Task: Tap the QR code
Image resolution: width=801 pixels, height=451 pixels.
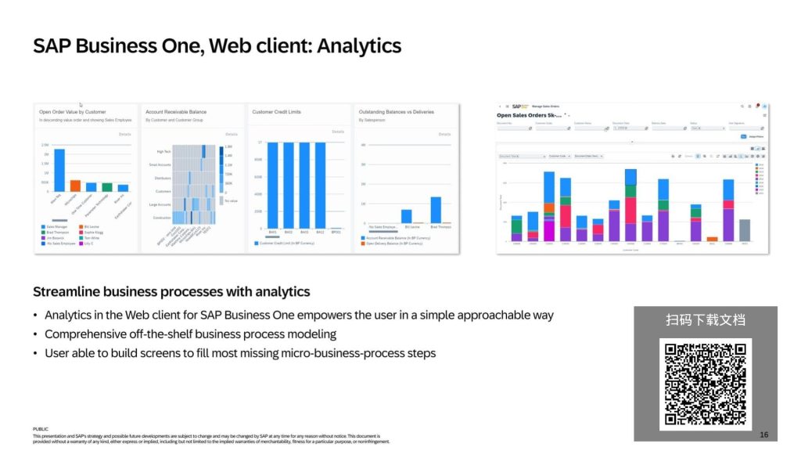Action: point(706,384)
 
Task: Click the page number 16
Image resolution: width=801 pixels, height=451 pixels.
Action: point(763,435)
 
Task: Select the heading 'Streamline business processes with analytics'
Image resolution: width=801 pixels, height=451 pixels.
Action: point(171,292)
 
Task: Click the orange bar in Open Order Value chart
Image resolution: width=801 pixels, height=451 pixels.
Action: point(75,186)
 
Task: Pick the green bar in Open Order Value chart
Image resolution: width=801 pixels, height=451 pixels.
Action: point(107,187)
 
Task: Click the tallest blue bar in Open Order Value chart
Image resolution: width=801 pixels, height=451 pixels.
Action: point(59,170)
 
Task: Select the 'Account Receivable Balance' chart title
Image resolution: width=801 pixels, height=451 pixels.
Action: point(176,112)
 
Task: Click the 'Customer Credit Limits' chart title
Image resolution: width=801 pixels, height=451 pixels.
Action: point(277,112)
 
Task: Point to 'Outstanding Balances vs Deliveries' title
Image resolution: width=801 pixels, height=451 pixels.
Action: point(395,112)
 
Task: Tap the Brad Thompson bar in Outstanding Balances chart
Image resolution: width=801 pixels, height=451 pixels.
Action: point(436,210)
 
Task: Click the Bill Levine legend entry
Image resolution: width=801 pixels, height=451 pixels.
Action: point(92,226)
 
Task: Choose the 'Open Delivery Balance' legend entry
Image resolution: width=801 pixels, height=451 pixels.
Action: point(394,244)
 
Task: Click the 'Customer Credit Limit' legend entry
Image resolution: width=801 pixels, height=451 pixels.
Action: point(286,244)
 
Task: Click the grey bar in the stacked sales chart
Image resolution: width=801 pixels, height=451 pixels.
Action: point(745,230)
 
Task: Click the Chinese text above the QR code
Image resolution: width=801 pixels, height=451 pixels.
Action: point(706,319)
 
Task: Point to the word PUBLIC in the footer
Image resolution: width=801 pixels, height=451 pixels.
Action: point(41,429)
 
